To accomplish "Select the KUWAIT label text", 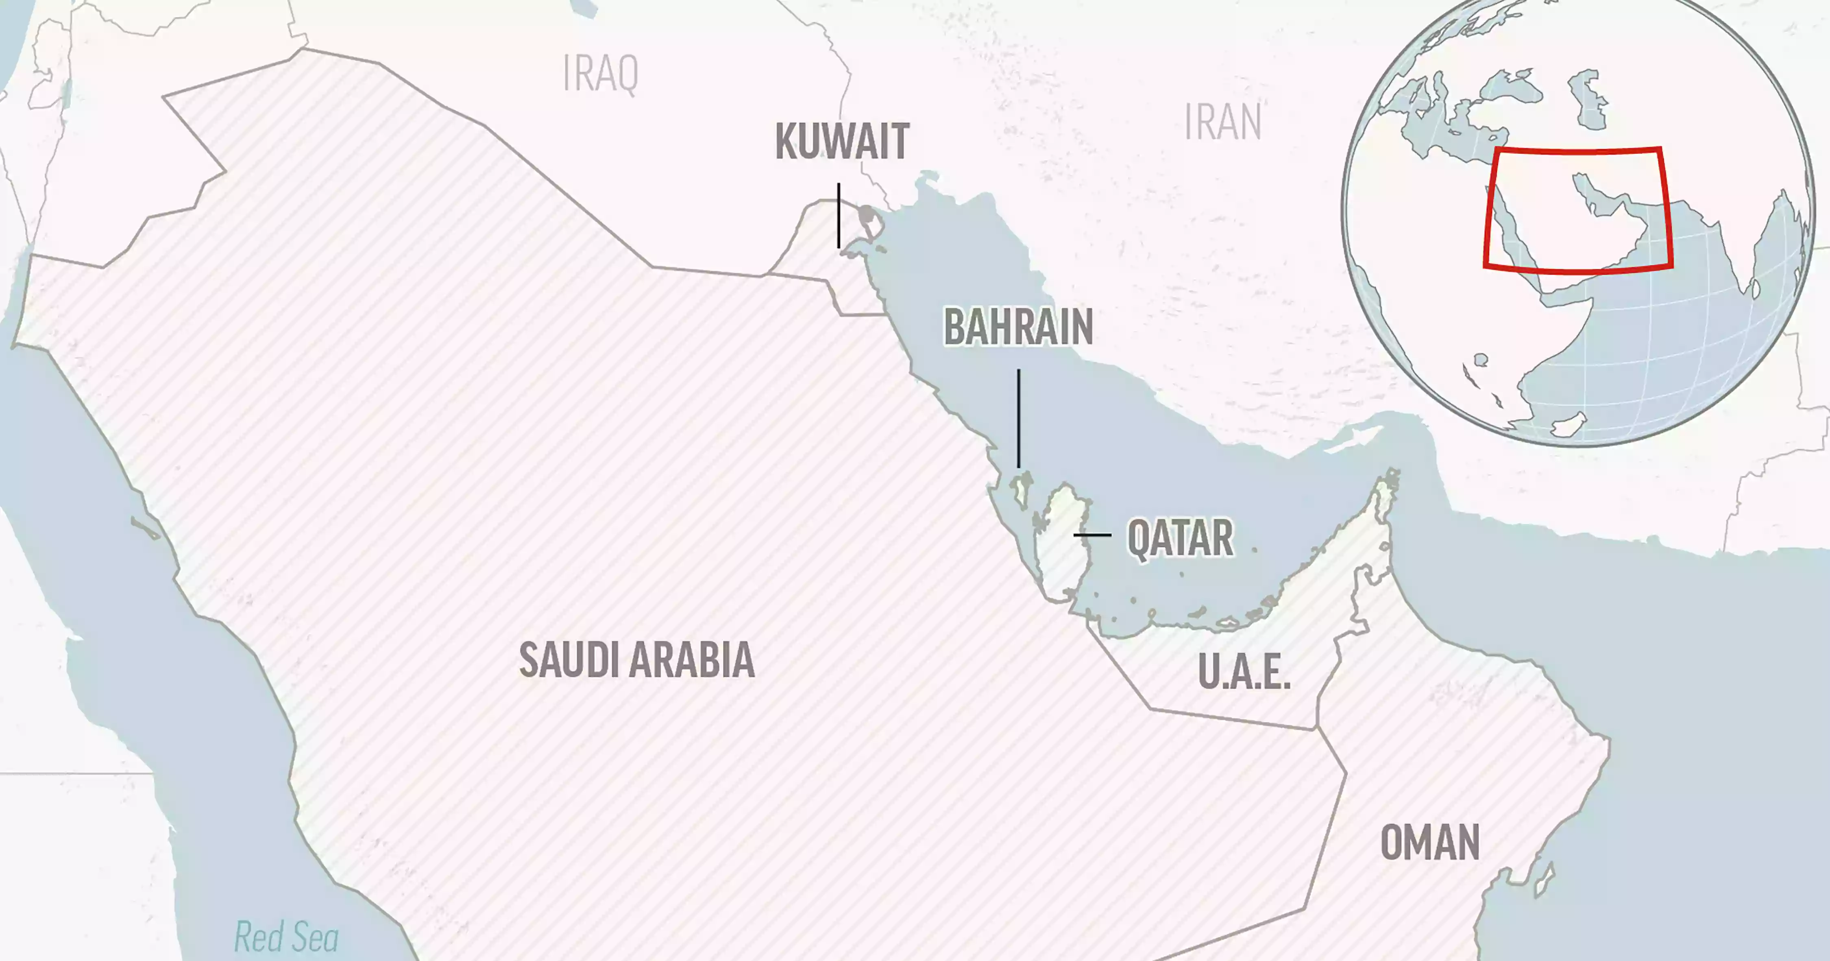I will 842,142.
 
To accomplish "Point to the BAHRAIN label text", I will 1018,328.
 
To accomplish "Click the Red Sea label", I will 286,937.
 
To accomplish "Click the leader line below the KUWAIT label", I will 839,215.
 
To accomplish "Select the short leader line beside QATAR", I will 1092,535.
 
